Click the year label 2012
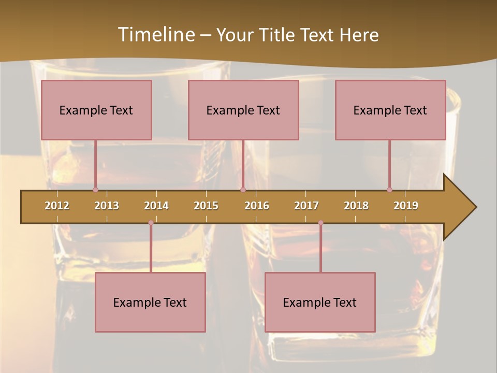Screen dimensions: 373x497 pyautogui.click(x=57, y=206)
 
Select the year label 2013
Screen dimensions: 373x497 pyautogui.click(x=107, y=206)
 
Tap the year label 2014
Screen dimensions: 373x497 pyautogui.click(x=156, y=206)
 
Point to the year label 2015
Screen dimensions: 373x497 pyautogui.click(x=206, y=206)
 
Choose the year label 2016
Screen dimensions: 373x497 pyautogui.click(x=257, y=206)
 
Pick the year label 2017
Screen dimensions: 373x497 pyautogui.click(x=306, y=206)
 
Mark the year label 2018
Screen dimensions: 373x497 pyautogui.click(x=356, y=206)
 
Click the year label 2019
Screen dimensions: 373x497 pyautogui.click(x=406, y=206)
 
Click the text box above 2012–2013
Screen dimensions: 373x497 pyautogui.click(x=96, y=110)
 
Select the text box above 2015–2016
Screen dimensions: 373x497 pyautogui.click(x=243, y=110)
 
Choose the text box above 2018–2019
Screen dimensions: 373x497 pyautogui.click(x=390, y=110)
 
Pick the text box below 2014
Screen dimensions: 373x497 pyautogui.click(x=150, y=302)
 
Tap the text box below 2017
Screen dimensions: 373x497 pyautogui.click(x=320, y=302)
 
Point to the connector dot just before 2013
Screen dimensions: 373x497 pyautogui.click(x=95, y=190)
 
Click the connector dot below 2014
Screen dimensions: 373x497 pyautogui.click(x=151, y=223)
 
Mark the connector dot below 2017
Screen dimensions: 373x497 pyautogui.click(x=320, y=223)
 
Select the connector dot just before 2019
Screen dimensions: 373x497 pyautogui.click(x=389, y=190)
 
